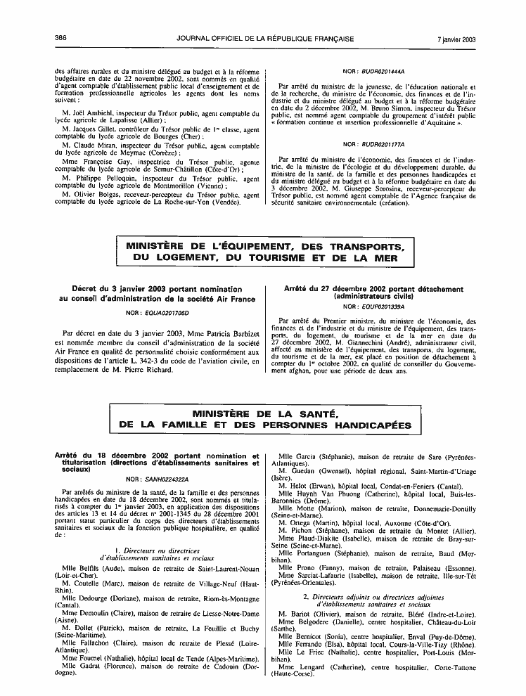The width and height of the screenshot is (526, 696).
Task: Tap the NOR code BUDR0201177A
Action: (x=380, y=144)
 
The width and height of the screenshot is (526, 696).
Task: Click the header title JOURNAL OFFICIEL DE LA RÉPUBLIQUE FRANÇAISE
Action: (x=264, y=39)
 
